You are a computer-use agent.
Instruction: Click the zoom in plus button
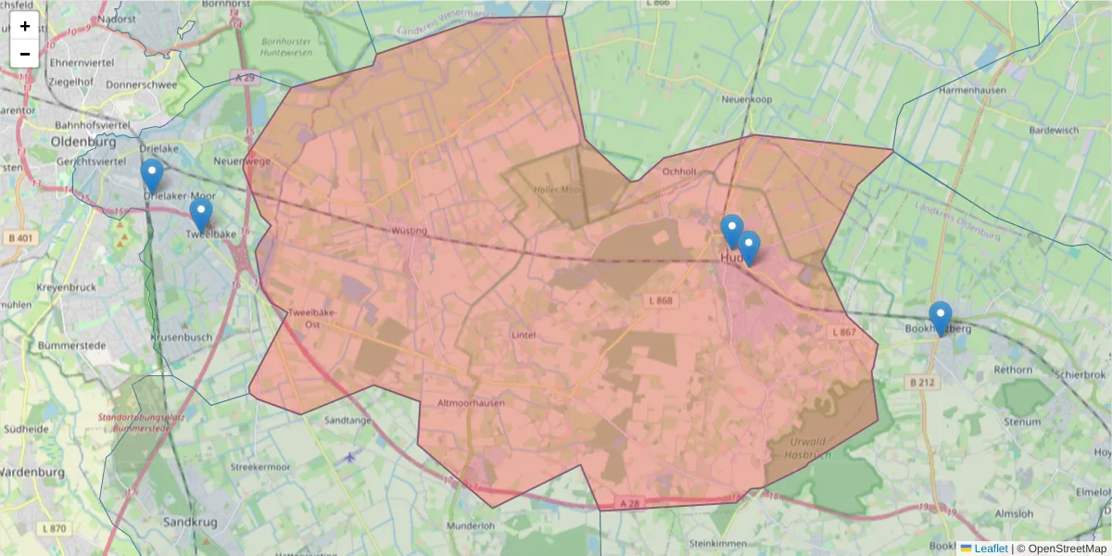point(25,26)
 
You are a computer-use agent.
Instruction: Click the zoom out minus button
point(25,54)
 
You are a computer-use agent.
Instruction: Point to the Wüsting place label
point(410,230)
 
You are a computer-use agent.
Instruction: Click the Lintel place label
point(524,335)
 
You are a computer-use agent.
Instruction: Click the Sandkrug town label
point(190,522)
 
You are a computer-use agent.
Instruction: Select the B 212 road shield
point(921,382)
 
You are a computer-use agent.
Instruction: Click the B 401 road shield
point(23,238)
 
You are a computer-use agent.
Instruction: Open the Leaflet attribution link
point(990,549)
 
